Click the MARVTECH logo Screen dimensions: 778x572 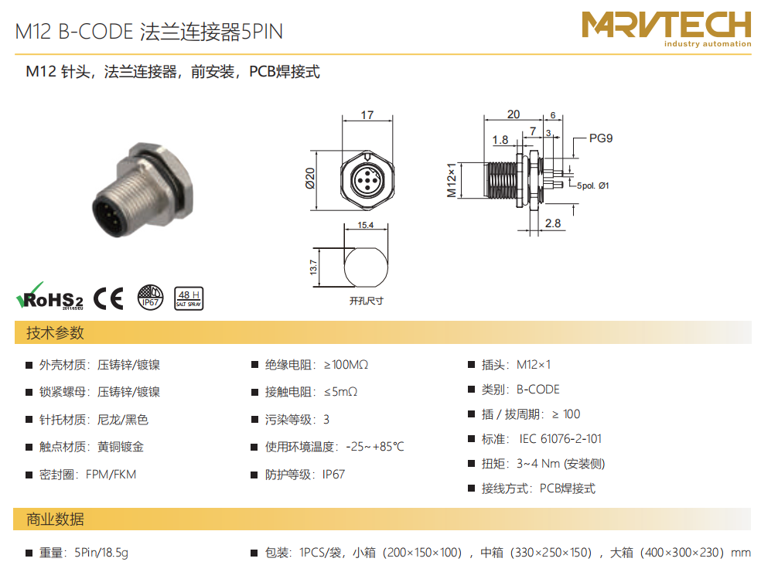[667, 29]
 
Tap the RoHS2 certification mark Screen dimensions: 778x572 [49, 296]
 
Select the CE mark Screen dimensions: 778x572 [108, 298]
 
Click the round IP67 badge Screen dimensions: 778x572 [150, 298]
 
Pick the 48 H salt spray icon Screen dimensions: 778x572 [189, 298]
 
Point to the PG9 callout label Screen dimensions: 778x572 [601, 138]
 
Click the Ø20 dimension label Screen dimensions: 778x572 [310, 179]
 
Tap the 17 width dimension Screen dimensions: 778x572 [367, 115]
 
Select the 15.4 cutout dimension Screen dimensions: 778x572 [366, 225]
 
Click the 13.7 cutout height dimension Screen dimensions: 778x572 [313, 267]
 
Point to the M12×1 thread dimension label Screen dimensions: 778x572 [452, 180]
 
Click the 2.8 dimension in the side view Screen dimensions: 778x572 [553, 223]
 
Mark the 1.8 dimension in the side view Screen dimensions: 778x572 [500, 140]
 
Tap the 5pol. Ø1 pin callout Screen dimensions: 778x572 [593, 186]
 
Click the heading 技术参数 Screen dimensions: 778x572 [55, 333]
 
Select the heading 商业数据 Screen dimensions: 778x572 [55, 519]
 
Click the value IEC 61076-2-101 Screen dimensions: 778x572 [561, 439]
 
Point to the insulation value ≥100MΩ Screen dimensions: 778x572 [346, 365]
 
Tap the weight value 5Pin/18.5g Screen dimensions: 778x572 [101, 553]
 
